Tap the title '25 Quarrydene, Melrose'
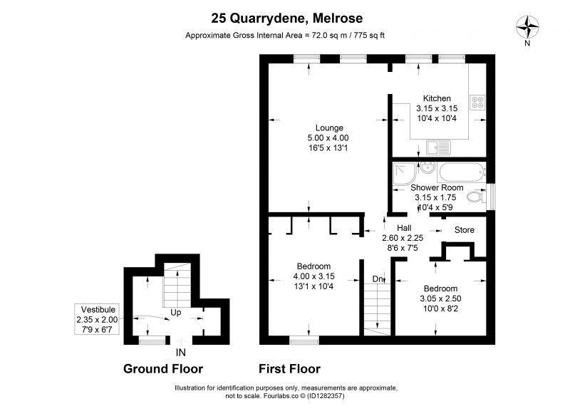(x=287, y=19)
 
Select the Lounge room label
(x=329, y=128)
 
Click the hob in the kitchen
(x=477, y=102)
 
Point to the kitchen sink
(x=438, y=147)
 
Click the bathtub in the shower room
(x=462, y=172)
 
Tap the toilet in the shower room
(x=475, y=197)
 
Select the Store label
(x=465, y=229)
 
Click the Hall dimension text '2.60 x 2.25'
(x=403, y=238)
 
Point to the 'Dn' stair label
(x=378, y=279)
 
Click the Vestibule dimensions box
(x=97, y=319)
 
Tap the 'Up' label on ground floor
(x=175, y=313)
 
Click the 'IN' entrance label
(x=181, y=352)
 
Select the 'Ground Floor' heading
(x=163, y=368)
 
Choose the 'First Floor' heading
(x=289, y=369)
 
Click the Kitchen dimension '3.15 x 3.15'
(x=437, y=108)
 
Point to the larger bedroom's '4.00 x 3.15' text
(x=313, y=276)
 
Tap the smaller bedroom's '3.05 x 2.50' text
(x=440, y=298)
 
